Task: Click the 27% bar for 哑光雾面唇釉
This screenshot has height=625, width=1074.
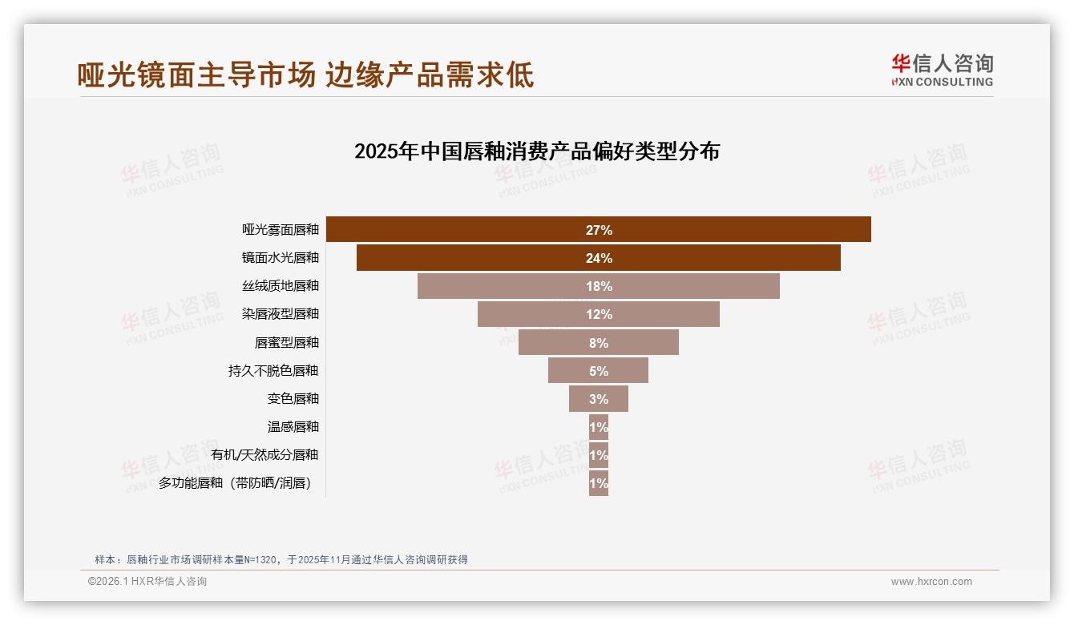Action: coord(598,229)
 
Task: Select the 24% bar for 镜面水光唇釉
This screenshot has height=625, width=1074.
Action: coord(598,258)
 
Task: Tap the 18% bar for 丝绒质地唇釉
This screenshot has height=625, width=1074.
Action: coord(598,286)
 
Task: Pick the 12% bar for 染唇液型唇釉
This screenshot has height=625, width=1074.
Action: coord(598,314)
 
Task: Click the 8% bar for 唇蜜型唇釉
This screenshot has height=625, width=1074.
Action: coord(598,342)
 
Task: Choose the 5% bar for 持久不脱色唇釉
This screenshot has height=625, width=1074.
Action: coord(598,370)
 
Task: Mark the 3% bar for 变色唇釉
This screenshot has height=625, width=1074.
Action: coord(598,398)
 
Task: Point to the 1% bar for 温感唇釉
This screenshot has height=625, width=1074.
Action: coord(598,427)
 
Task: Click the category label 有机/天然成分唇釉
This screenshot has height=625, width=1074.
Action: coord(264,454)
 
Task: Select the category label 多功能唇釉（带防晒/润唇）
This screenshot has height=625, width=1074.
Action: coord(236,483)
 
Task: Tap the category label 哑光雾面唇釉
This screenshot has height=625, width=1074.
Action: coord(281,229)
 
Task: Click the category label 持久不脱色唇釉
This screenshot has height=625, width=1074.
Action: coord(273,370)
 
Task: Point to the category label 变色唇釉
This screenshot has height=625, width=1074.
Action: coord(293,398)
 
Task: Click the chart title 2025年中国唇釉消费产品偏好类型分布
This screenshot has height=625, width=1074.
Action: coord(537,151)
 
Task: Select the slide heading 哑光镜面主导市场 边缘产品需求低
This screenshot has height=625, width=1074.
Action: coord(305,75)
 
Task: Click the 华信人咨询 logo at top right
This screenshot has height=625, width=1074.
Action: coord(942,70)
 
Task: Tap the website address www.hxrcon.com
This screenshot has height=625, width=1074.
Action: coord(931,582)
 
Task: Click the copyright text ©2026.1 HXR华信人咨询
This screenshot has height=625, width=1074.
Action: coord(147,582)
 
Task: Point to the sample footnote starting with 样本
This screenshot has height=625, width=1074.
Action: coord(281,559)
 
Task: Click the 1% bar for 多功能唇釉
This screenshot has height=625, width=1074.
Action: coord(598,483)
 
